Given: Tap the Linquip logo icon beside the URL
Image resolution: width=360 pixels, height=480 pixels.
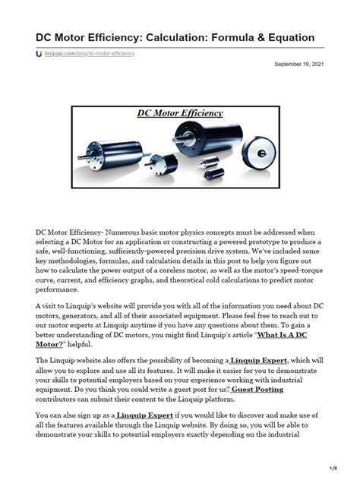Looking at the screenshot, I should tap(39, 55).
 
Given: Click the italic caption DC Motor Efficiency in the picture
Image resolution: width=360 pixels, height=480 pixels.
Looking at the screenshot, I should tap(180, 113).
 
